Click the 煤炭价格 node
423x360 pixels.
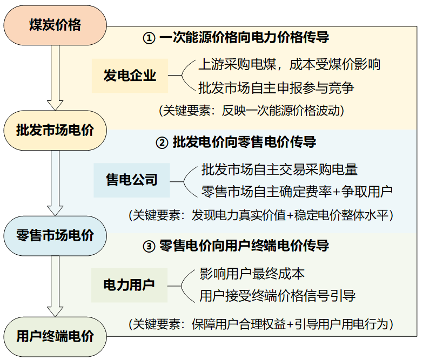click(55, 25)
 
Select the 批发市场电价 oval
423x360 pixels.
click(55, 130)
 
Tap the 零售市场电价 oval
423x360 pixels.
click(55, 235)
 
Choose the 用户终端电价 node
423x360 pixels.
click(55, 337)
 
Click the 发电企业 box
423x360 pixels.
click(130, 75)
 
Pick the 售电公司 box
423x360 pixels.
click(132, 179)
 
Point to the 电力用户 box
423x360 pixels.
click(129, 284)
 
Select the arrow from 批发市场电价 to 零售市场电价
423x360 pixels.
click(55, 182)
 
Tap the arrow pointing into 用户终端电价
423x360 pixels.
click(55, 286)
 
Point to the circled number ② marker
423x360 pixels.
click(162, 143)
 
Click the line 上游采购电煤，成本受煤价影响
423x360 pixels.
click(290, 64)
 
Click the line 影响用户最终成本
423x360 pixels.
click(252, 274)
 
